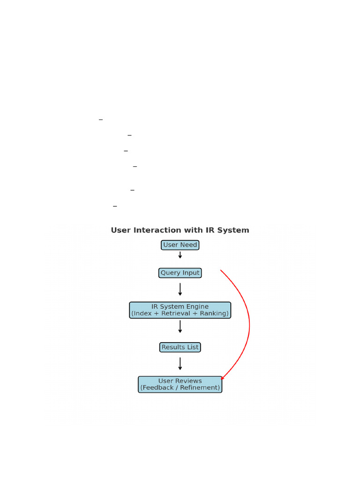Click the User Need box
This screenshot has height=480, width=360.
tap(180, 245)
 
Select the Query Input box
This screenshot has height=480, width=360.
tap(180, 273)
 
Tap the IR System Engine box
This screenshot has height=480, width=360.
tap(180, 310)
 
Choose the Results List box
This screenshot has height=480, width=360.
tap(180, 347)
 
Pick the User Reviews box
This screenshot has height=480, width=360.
tap(180, 384)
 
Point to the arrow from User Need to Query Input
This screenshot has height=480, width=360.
tap(180, 255)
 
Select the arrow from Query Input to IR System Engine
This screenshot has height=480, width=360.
tap(180, 289)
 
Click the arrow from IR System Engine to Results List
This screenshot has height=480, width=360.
tap(180, 327)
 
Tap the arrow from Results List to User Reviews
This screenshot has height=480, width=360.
tap(180, 364)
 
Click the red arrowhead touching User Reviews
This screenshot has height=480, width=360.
tap(223, 378)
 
